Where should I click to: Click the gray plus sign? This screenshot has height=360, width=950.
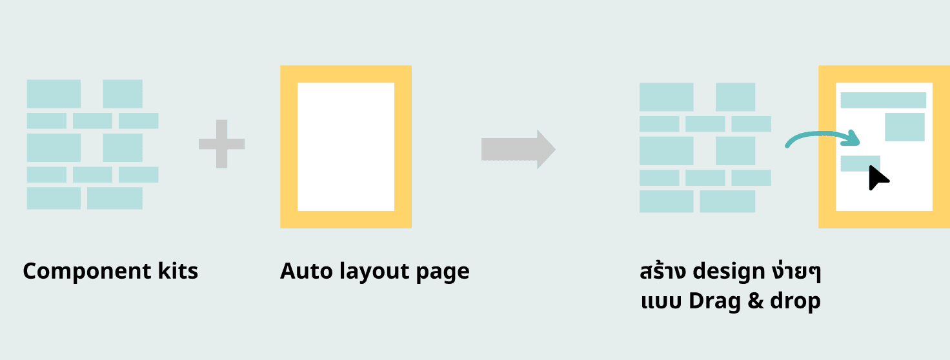pyautogui.click(x=221, y=144)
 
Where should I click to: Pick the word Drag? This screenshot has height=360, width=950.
pyautogui.click(x=714, y=301)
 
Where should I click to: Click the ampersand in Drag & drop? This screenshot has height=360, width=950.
pyautogui.click(x=755, y=301)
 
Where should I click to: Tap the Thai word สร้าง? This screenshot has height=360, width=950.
pyautogui.click(x=663, y=270)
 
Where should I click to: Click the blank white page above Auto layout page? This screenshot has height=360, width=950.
pyautogui.click(x=346, y=146)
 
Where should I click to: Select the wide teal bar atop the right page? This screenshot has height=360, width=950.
pyautogui.click(x=883, y=100)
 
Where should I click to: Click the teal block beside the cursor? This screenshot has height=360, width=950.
pyautogui.click(x=860, y=163)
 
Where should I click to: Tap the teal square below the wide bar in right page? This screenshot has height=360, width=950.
pyautogui.click(x=904, y=126)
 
